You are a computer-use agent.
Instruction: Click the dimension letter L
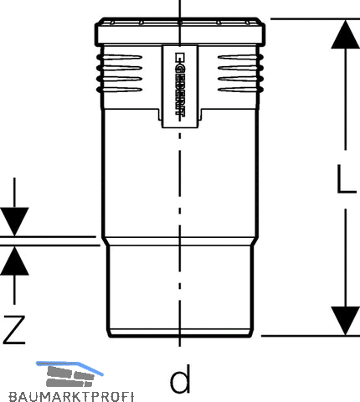click(x=347, y=178)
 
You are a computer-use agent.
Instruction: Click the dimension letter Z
click(x=14, y=329)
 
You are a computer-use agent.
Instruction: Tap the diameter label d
click(x=180, y=379)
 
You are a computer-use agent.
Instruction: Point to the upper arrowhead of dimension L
click(x=346, y=34)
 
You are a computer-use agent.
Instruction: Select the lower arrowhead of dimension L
click(x=346, y=321)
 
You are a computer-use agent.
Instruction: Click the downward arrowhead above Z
click(x=14, y=221)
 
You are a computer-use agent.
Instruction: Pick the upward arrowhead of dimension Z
click(x=14, y=260)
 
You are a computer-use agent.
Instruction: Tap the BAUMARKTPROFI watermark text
click(x=71, y=397)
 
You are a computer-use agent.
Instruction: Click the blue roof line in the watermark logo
click(x=69, y=366)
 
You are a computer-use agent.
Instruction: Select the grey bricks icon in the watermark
click(x=69, y=376)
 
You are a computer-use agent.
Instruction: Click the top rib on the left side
click(x=120, y=58)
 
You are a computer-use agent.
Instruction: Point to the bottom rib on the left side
click(x=120, y=90)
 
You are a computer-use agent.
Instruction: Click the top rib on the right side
click(x=240, y=58)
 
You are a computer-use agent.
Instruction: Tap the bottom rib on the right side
click(x=240, y=90)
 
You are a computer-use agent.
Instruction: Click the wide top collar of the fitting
click(x=180, y=32)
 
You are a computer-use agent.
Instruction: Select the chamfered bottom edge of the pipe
click(x=180, y=333)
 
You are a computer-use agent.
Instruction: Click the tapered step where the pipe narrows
click(x=180, y=241)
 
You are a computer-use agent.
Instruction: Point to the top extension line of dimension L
click(x=316, y=19)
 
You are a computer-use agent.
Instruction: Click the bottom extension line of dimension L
click(x=311, y=336)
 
